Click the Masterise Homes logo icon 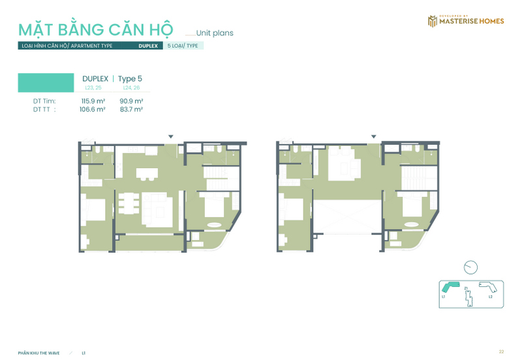point(431,22)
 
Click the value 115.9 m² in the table point(93,101)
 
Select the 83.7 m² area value point(131,110)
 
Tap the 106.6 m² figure point(93,110)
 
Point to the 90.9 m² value point(131,101)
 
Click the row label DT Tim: point(44,101)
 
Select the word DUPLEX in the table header point(95,79)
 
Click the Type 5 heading point(130,79)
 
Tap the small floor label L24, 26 point(131,87)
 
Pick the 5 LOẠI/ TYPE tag point(183,46)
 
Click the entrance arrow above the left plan point(171,136)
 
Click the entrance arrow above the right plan point(373,136)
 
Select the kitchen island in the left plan point(147,174)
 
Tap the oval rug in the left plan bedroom point(214,225)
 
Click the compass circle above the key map point(471,267)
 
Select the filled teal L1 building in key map point(451,288)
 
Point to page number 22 point(501,352)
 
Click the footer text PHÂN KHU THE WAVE point(39,353)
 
